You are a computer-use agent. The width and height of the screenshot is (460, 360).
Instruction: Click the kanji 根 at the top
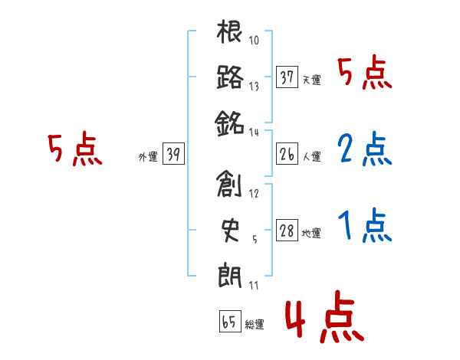pos(230,33)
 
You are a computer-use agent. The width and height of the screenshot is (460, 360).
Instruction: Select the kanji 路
pos(230,77)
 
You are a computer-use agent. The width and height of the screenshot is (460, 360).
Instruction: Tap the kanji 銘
pos(230,122)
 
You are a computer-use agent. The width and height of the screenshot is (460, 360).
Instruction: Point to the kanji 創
pos(230,185)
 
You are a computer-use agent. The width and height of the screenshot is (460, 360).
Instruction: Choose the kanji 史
pos(230,229)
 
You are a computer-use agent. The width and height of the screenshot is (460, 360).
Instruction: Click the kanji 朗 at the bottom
pos(230,273)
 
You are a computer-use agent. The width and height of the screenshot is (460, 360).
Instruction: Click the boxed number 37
pos(287,77)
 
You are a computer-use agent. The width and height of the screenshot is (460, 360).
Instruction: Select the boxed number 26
pos(287,155)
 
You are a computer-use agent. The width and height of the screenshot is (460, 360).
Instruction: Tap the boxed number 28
pos(287,231)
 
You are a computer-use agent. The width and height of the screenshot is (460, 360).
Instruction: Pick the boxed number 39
pos(173,155)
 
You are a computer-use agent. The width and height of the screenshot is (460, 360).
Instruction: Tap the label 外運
pos(147,157)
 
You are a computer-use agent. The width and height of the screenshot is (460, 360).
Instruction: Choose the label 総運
pos(254,325)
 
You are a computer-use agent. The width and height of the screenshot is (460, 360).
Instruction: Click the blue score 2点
pos(363,150)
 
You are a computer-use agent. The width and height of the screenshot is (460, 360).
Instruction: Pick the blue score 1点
pos(363,224)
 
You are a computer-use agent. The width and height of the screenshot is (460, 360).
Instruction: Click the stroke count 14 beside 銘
pos(255,132)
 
